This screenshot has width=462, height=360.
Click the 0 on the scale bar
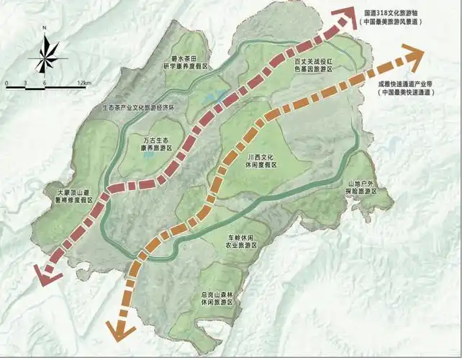click(6, 84)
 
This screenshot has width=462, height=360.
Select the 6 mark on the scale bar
click(45, 84)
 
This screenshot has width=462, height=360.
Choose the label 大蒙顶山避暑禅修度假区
click(84, 197)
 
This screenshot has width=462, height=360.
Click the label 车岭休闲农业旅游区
click(237, 241)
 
